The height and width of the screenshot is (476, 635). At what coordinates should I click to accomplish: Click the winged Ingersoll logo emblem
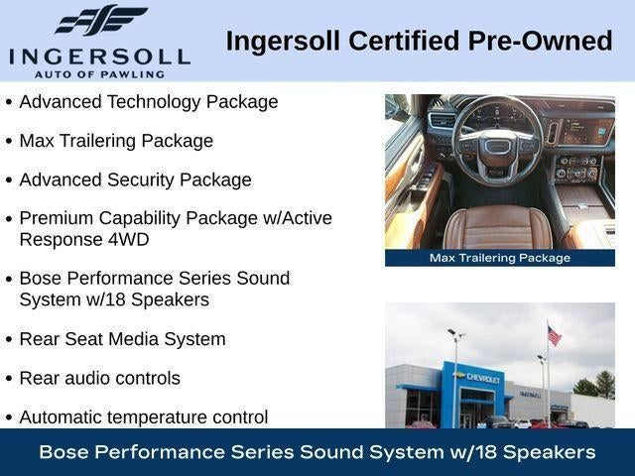(x=101, y=20)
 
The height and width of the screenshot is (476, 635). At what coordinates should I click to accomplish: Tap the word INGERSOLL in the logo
(x=99, y=58)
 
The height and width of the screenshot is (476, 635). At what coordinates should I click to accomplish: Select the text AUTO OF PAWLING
(x=99, y=74)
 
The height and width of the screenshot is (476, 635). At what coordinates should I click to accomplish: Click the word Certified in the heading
(x=404, y=41)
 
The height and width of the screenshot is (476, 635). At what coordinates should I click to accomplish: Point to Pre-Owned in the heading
(x=540, y=41)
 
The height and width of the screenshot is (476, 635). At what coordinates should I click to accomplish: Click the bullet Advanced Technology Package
(x=149, y=102)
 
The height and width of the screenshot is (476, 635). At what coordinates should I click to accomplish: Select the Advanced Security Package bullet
(x=135, y=180)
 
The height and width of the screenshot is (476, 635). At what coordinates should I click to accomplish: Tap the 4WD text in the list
(x=128, y=240)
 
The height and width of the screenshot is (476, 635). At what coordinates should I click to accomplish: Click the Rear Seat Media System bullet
(x=122, y=339)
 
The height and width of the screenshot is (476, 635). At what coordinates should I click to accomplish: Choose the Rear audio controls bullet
(x=99, y=378)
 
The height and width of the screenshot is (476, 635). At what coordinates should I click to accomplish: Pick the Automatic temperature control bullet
(x=144, y=417)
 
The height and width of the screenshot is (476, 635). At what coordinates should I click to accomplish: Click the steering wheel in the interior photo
(x=497, y=141)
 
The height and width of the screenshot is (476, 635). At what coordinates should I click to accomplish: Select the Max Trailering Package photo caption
(x=500, y=258)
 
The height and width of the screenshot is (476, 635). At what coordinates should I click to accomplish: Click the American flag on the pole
(x=554, y=335)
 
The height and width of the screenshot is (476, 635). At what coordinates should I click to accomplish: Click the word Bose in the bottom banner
(x=64, y=452)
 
